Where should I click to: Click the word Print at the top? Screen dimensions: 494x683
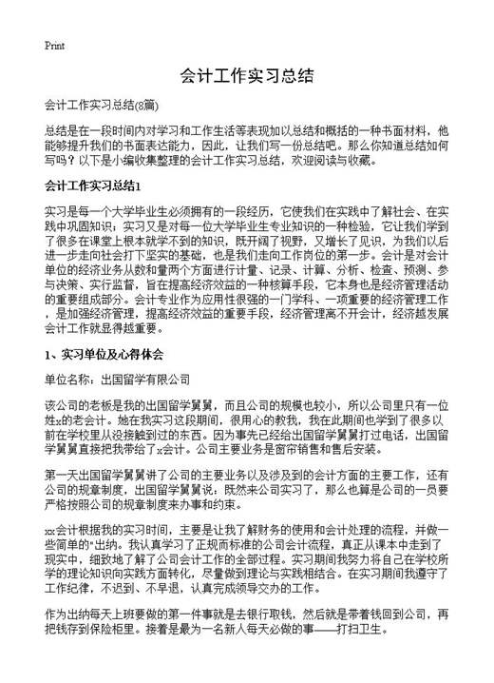point(54,45)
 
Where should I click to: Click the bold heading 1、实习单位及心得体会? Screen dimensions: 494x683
point(104,354)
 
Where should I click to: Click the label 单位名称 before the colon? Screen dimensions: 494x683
point(68,379)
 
